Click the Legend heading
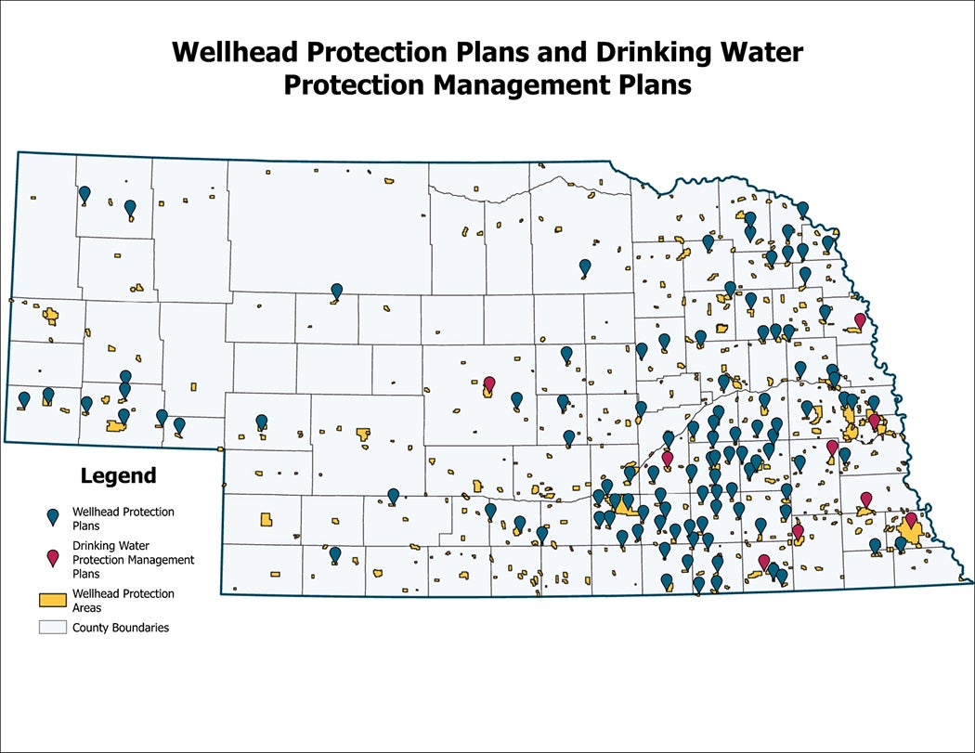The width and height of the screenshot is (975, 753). click(x=118, y=476)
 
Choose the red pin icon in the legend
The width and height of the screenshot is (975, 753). click(x=54, y=557)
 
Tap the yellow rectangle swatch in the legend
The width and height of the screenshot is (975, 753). click(x=54, y=599)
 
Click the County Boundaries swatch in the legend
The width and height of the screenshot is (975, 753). click(x=54, y=628)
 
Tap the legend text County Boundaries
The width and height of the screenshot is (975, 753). click(x=121, y=628)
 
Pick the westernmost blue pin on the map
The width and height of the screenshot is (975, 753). click(x=24, y=398)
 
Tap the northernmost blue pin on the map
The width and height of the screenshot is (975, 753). click(x=84, y=193)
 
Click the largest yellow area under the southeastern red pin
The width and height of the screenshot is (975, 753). click(x=908, y=534)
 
